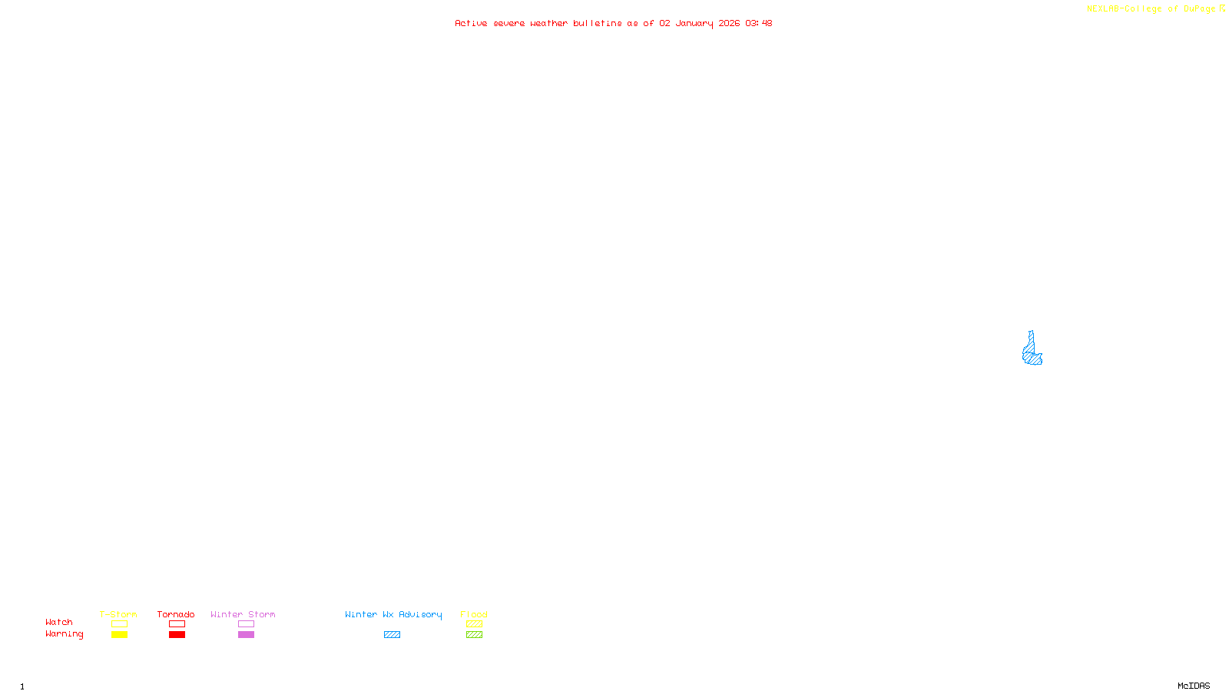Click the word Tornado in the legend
(176, 614)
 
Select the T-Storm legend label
(118, 614)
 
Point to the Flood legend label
(474, 614)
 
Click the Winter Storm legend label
(243, 614)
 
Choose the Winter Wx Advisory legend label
(393, 614)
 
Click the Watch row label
(59, 622)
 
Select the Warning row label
(64, 634)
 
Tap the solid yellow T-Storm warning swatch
(119, 635)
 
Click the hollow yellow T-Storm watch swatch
(119, 624)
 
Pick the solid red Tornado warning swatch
(177, 635)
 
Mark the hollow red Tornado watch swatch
(177, 624)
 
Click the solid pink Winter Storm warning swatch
(246, 635)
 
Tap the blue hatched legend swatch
(392, 635)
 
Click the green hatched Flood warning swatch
(474, 635)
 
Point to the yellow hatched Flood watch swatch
(474, 624)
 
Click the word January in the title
(694, 23)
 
